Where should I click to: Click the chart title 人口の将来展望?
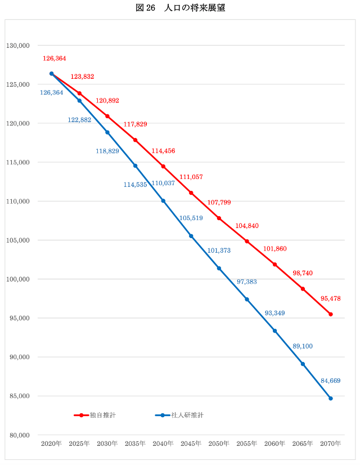pos(180,8)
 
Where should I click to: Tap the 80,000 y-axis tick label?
pos(19,435)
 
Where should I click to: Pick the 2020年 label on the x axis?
pos(51,444)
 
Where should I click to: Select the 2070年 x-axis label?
pos(331,444)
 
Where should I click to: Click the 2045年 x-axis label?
pos(191,444)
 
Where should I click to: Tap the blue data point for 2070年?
pos(331,399)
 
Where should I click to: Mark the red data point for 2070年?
pos(331,314)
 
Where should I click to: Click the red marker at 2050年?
pos(219,218)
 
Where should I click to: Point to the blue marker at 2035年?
pos(135,166)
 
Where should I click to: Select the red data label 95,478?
pos(331,298)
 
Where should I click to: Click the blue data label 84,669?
pos(331,381)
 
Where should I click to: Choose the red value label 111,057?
pos(191,177)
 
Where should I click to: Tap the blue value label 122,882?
pos(79,120)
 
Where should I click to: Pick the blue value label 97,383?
pos(246,281)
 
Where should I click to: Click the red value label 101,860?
pos(274,248)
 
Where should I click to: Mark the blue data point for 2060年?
pos(275,331)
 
